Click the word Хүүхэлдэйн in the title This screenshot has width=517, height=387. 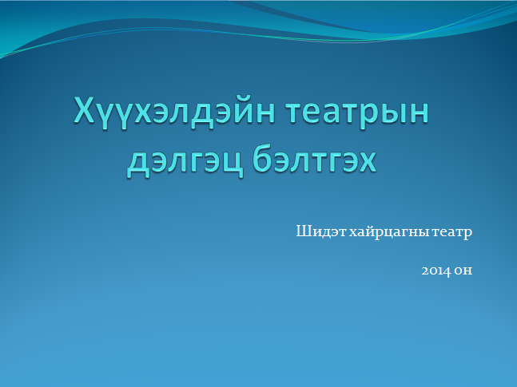click(x=174, y=111)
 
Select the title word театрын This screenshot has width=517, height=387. click(x=357, y=112)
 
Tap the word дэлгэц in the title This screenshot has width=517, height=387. click(x=185, y=161)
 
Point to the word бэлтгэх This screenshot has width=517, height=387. click(x=315, y=159)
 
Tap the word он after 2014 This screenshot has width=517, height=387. click(x=463, y=271)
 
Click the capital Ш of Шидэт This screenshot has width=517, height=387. click(x=304, y=231)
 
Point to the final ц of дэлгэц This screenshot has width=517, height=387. click(x=233, y=163)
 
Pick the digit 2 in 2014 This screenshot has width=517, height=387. click(x=425, y=271)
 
